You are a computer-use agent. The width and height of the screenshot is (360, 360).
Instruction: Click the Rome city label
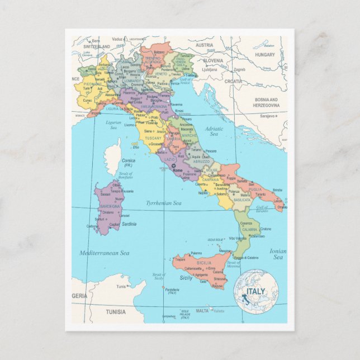[x=177, y=170]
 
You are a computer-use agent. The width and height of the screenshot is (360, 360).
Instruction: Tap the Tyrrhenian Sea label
[x=163, y=203]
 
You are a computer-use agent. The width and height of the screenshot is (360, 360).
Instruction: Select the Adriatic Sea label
[x=213, y=131]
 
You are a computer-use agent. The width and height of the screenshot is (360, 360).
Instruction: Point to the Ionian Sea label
[x=278, y=254]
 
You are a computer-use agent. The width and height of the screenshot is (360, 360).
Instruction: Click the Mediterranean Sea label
[x=104, y=253]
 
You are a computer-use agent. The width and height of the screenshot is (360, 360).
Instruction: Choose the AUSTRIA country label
[x=204, y=45]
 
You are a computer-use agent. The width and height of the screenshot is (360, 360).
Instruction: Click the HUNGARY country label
[x=265, y=55]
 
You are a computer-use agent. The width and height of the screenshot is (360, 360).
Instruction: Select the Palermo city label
[x=196, y=253]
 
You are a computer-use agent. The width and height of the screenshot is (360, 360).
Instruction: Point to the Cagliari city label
[x=115, y=224]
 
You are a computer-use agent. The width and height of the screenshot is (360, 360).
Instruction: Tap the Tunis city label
[x=121, y=286]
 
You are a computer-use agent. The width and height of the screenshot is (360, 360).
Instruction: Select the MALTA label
[x=202, y=311]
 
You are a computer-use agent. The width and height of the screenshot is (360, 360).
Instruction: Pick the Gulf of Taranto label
[x=262, y=209]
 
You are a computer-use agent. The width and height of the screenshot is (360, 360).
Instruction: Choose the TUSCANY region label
[x=153, y=138]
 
